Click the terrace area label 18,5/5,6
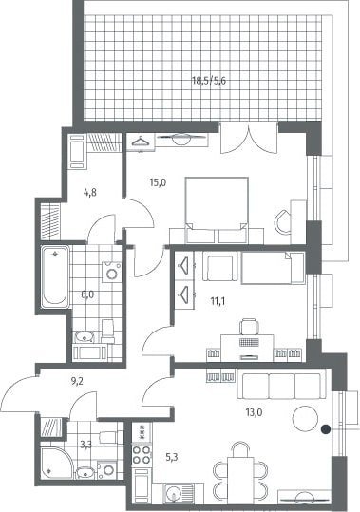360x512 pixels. click(x=209, y=81)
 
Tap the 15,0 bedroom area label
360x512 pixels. click(x=158, y=182)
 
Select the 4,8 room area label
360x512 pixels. click(x=89, y=192)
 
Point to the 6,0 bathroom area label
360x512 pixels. click(x=87, y=294)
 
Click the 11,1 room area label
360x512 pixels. click(x=218, y=301)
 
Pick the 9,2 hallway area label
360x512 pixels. click(x=77, y=381)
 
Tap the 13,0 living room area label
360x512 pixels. click(x=254, y=412)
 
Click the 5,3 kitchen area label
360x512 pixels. click(x=172, y=458)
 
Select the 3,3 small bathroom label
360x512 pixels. click(x=85, y=445)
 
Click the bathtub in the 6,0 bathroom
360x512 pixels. click(x=55, y=277)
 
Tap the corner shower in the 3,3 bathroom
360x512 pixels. click(x=56, y=464)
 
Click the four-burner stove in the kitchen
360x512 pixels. click(x=142, y=454)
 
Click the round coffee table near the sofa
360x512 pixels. click(x=305, y=419)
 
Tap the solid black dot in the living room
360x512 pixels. click(x=326, y=429)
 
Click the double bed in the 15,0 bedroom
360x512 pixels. click(x=217, y=210)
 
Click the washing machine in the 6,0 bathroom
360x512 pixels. click(x=112, y=272)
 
